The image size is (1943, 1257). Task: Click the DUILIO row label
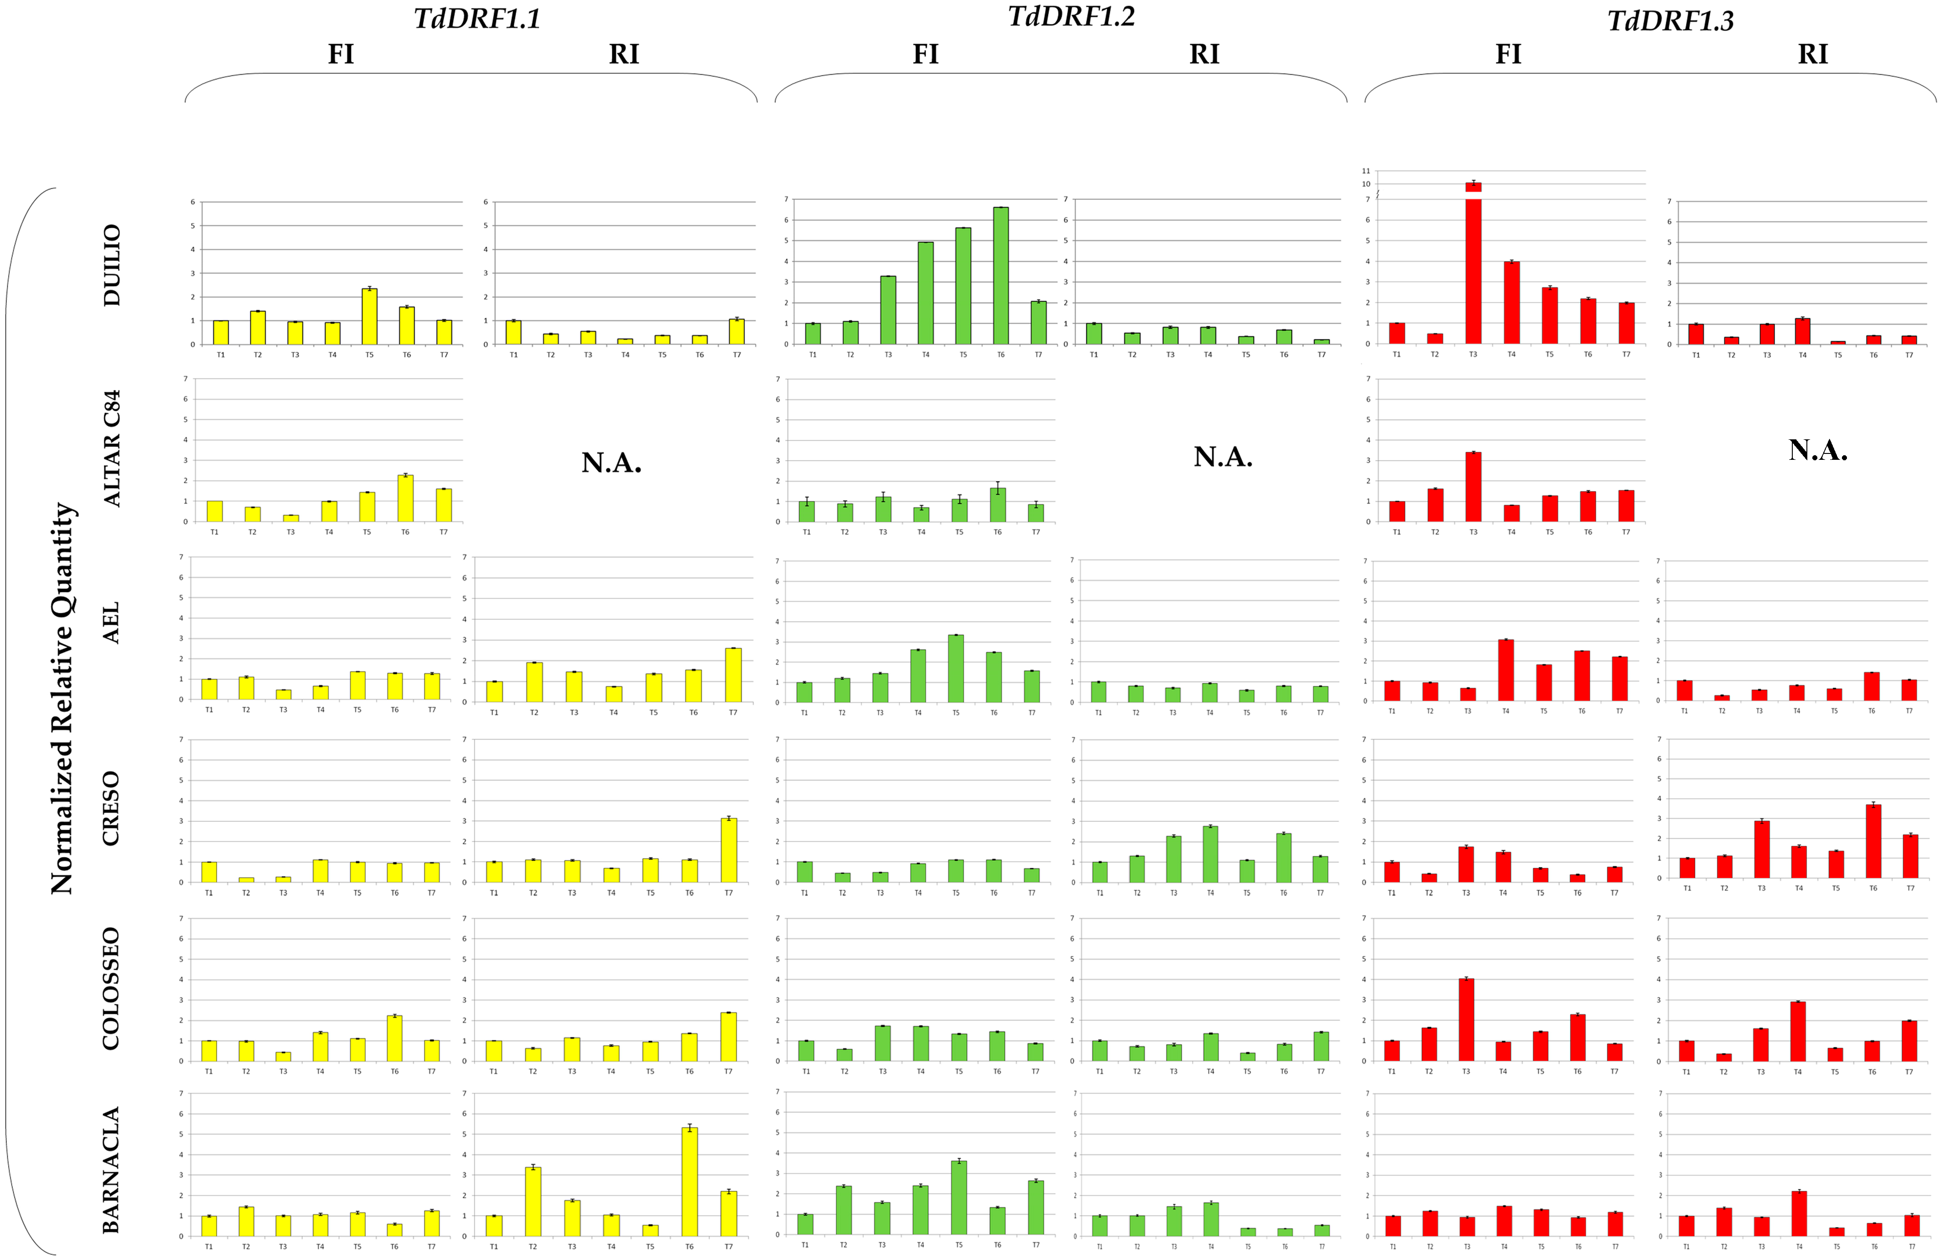point(112,265)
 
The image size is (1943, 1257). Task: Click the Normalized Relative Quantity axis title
point(63,698)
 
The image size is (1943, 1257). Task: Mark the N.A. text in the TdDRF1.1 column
point(611,463)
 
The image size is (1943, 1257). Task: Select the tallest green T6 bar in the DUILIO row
point(1001,276)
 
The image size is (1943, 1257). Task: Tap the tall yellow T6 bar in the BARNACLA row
point(690,1181)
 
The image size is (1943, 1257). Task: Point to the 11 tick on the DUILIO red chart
point(1366,171)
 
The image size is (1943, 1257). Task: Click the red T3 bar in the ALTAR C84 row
point(1473,487)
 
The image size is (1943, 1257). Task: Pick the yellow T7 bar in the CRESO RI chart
point(729,850)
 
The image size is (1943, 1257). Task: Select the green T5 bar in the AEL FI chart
point(956,668)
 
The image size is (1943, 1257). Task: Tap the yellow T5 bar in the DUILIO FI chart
point(370,317)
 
